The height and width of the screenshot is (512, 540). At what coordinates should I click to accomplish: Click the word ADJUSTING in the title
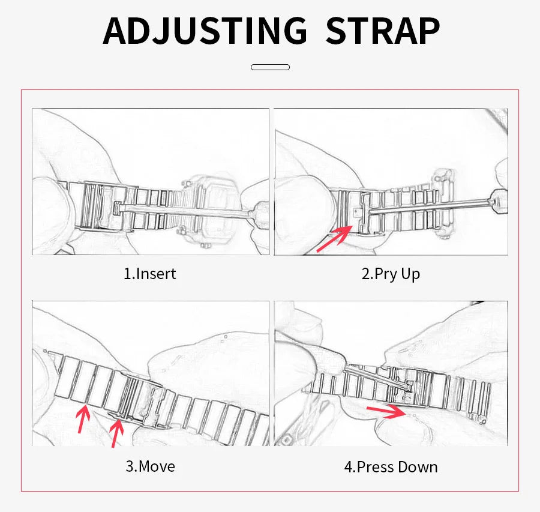[x=205, y=31]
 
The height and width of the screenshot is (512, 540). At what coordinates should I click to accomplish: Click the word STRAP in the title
[x=383, y=31]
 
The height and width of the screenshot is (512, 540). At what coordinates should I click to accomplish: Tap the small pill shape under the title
[x=271, y=67]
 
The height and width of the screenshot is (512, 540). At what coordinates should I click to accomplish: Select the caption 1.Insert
[x=150, y=274]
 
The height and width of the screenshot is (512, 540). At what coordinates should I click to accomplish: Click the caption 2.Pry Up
[x=391, y=274]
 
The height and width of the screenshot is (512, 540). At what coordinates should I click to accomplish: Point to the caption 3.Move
[x=150, y=466]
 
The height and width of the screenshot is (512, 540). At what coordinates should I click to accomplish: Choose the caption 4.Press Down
[x=391, y=467]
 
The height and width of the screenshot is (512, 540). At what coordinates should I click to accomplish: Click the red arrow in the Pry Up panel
[x=335, y=238]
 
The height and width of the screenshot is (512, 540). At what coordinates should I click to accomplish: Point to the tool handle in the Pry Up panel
[x=499, y=202]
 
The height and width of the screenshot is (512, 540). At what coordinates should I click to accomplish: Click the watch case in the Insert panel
[x=210, y=210]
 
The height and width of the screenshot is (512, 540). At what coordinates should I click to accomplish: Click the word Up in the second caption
[x=410, y=275]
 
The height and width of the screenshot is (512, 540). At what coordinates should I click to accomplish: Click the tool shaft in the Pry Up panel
[x=430, y=204]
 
